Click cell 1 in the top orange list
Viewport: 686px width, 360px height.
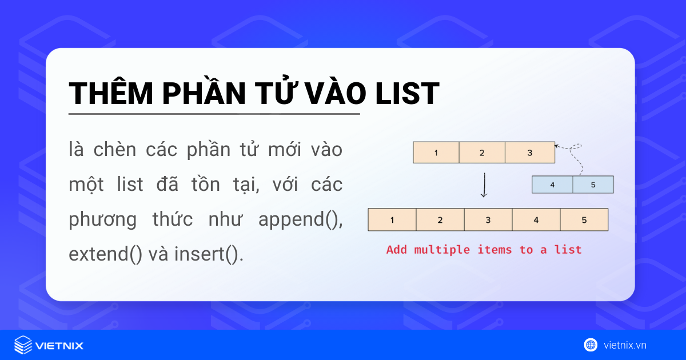coord(436,153)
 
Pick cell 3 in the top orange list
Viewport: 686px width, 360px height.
coord(529,153)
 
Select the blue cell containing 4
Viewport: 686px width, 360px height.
coord(552,185)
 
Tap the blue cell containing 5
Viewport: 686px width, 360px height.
coord(593,185)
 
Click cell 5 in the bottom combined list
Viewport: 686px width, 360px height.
coord(584,220)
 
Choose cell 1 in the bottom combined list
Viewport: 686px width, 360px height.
coord(392,220)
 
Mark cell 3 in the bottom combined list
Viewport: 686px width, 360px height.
coord(488,220)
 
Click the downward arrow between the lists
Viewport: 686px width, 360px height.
coord(484,185)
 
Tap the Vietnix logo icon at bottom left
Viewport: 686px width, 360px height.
coord(23,345)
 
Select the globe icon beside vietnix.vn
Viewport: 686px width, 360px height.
coord(591,345)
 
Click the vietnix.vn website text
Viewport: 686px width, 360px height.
coord(625,345)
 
